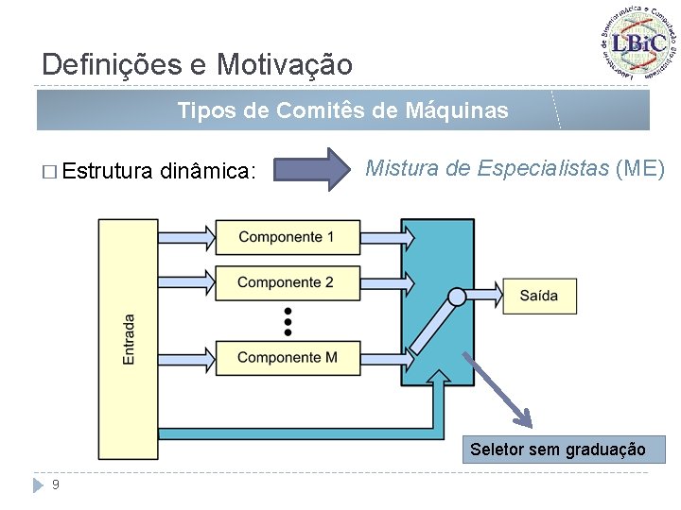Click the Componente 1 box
[x=288, y=237]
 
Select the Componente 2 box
[x=288, y=282]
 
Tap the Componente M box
[x=288, y=357]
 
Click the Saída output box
[x=538, y=296]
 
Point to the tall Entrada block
[x=128, y=340]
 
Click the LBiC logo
[x=639, y=42]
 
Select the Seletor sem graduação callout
[x=558, y=450]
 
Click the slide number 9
[x=57, y=484]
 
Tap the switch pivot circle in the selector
[x=457, y=297]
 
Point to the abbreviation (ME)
[x=640, y=169]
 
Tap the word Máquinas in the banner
[x=456, y=111]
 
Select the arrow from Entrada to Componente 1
[x=185, y=235]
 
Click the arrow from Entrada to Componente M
[x=185, y=356]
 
